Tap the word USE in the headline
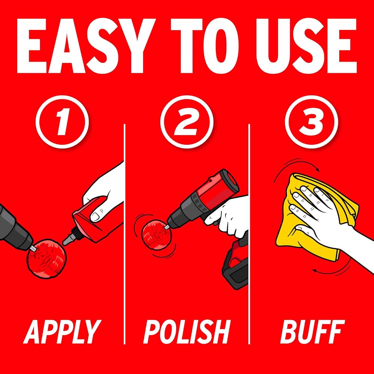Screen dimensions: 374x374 click(306, 46)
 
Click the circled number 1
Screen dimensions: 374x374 click(62, 122)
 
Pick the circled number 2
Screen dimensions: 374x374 click(187, 122)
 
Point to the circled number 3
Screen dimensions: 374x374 click(312, 122)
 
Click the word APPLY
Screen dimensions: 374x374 click(62, 331)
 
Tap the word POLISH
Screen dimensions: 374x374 click(187, 331)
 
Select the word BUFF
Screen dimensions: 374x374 click(312, 331)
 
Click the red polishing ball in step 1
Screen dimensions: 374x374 click(46, 259)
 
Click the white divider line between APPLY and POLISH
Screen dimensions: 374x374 click(125, 234)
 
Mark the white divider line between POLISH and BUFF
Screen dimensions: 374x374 click(249, 234)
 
